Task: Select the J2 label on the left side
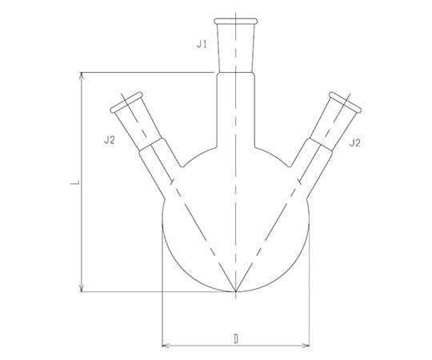click(x=110, y=141)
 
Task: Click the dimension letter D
click(x=235, y=338)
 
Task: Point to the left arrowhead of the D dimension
click(x=166, y=346)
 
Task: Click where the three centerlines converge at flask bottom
click(x=236, y=292)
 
